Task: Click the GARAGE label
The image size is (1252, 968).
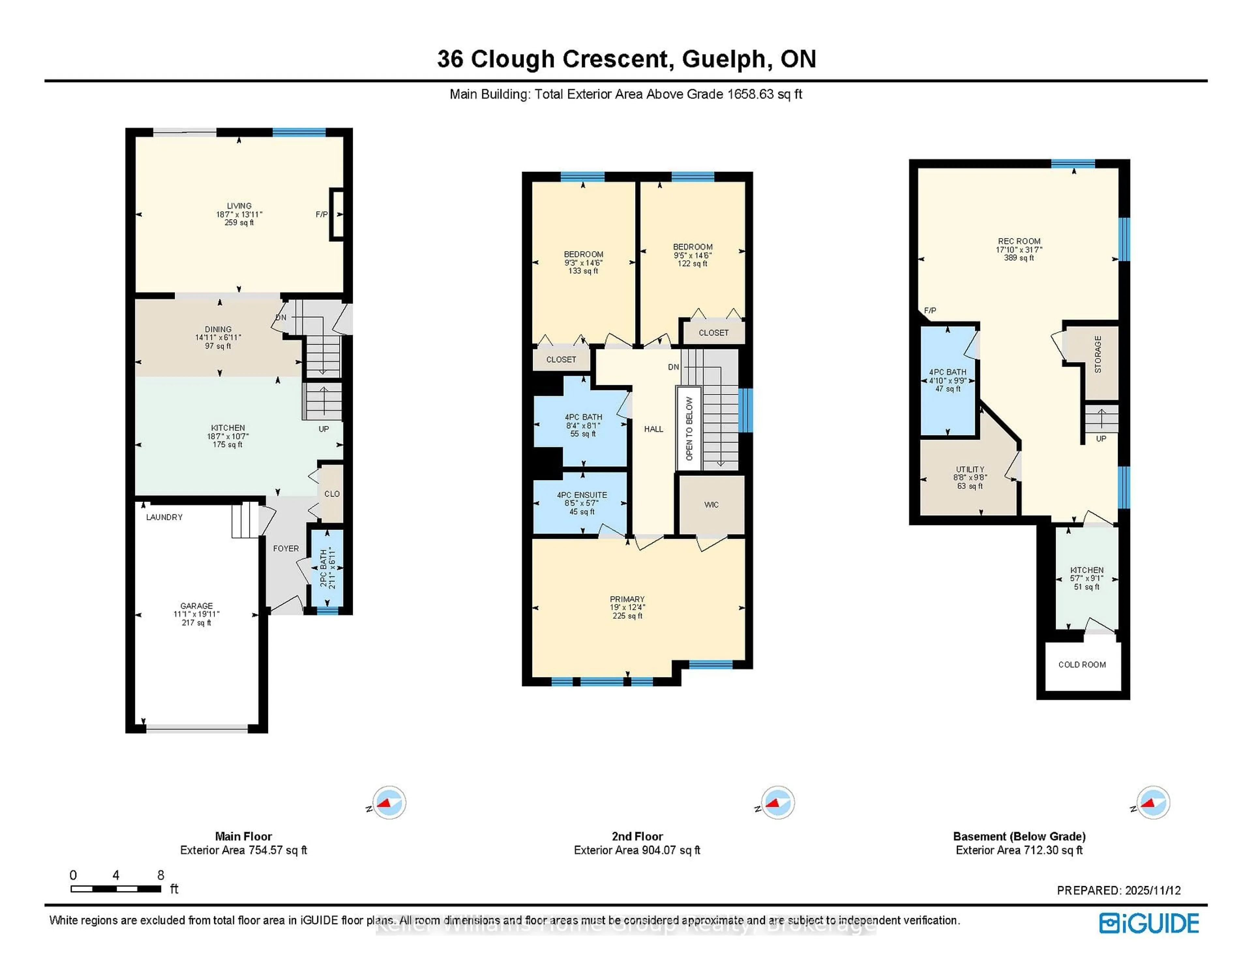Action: click(x=197, y=606)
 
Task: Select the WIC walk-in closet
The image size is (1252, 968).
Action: click(x=711, y=505)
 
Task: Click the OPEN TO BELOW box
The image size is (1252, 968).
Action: click(x=689, y=428)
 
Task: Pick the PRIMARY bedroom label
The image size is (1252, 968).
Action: click(x=627, y=599)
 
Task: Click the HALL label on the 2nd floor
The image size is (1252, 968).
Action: click(x=653, y=429)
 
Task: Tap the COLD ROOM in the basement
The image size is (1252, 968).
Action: click(x=1082, y=665)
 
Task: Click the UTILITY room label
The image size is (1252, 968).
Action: click(x=970, y=469)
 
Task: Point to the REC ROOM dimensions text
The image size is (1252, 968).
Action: click(x=1019, y=250)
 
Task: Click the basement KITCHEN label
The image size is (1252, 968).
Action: click(x=1086, y=570)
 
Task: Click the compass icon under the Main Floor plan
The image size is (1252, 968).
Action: click(x=389, y=802)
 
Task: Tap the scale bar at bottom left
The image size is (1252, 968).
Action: click(x=116, y=889)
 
